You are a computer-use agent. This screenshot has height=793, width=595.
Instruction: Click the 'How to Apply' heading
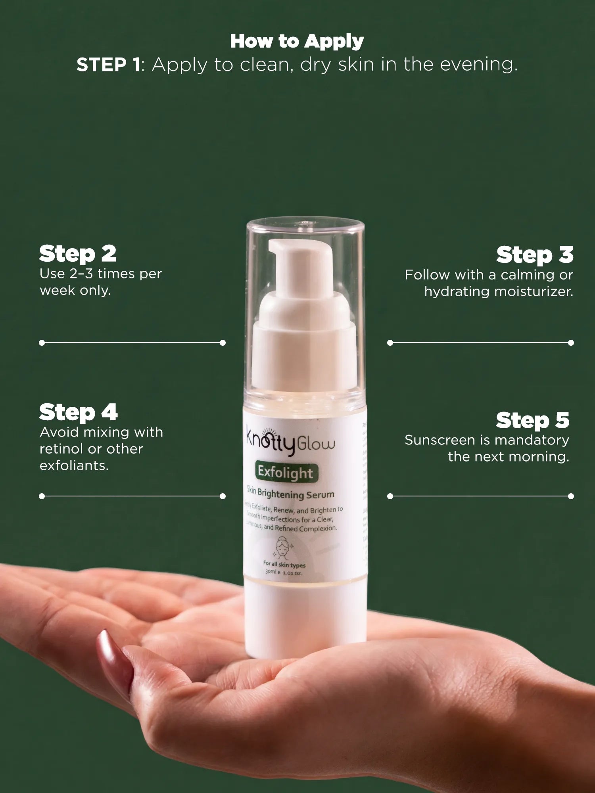(x=297, y=41)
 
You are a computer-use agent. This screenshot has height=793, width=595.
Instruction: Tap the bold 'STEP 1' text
(x=108, y=65)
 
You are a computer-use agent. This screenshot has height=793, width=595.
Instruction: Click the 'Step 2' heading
(x=78, y=254)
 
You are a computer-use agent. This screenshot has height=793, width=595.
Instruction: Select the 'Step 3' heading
(x=535, y=255)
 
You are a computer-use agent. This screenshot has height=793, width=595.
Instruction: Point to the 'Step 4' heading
(x=78, y=412)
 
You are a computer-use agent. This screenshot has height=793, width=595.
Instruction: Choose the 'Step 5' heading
(x=532, y=420)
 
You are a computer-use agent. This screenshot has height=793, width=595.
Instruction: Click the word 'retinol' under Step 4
(x=61, y=449)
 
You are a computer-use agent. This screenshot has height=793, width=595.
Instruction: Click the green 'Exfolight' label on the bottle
(x=286, y=473)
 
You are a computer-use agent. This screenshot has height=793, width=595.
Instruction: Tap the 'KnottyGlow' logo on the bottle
(x=290, y=442)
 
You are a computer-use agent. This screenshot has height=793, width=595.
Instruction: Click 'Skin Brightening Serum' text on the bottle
(x=290, y=493)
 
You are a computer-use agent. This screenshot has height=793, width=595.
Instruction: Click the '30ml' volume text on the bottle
(x=271, y=572)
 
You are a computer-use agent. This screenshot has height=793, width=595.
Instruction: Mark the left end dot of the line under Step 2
(x=42, y=343)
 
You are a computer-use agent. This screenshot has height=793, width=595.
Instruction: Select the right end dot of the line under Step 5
(x=571, y=496)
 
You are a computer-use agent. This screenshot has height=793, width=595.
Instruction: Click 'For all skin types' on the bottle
(x=284, y=564)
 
